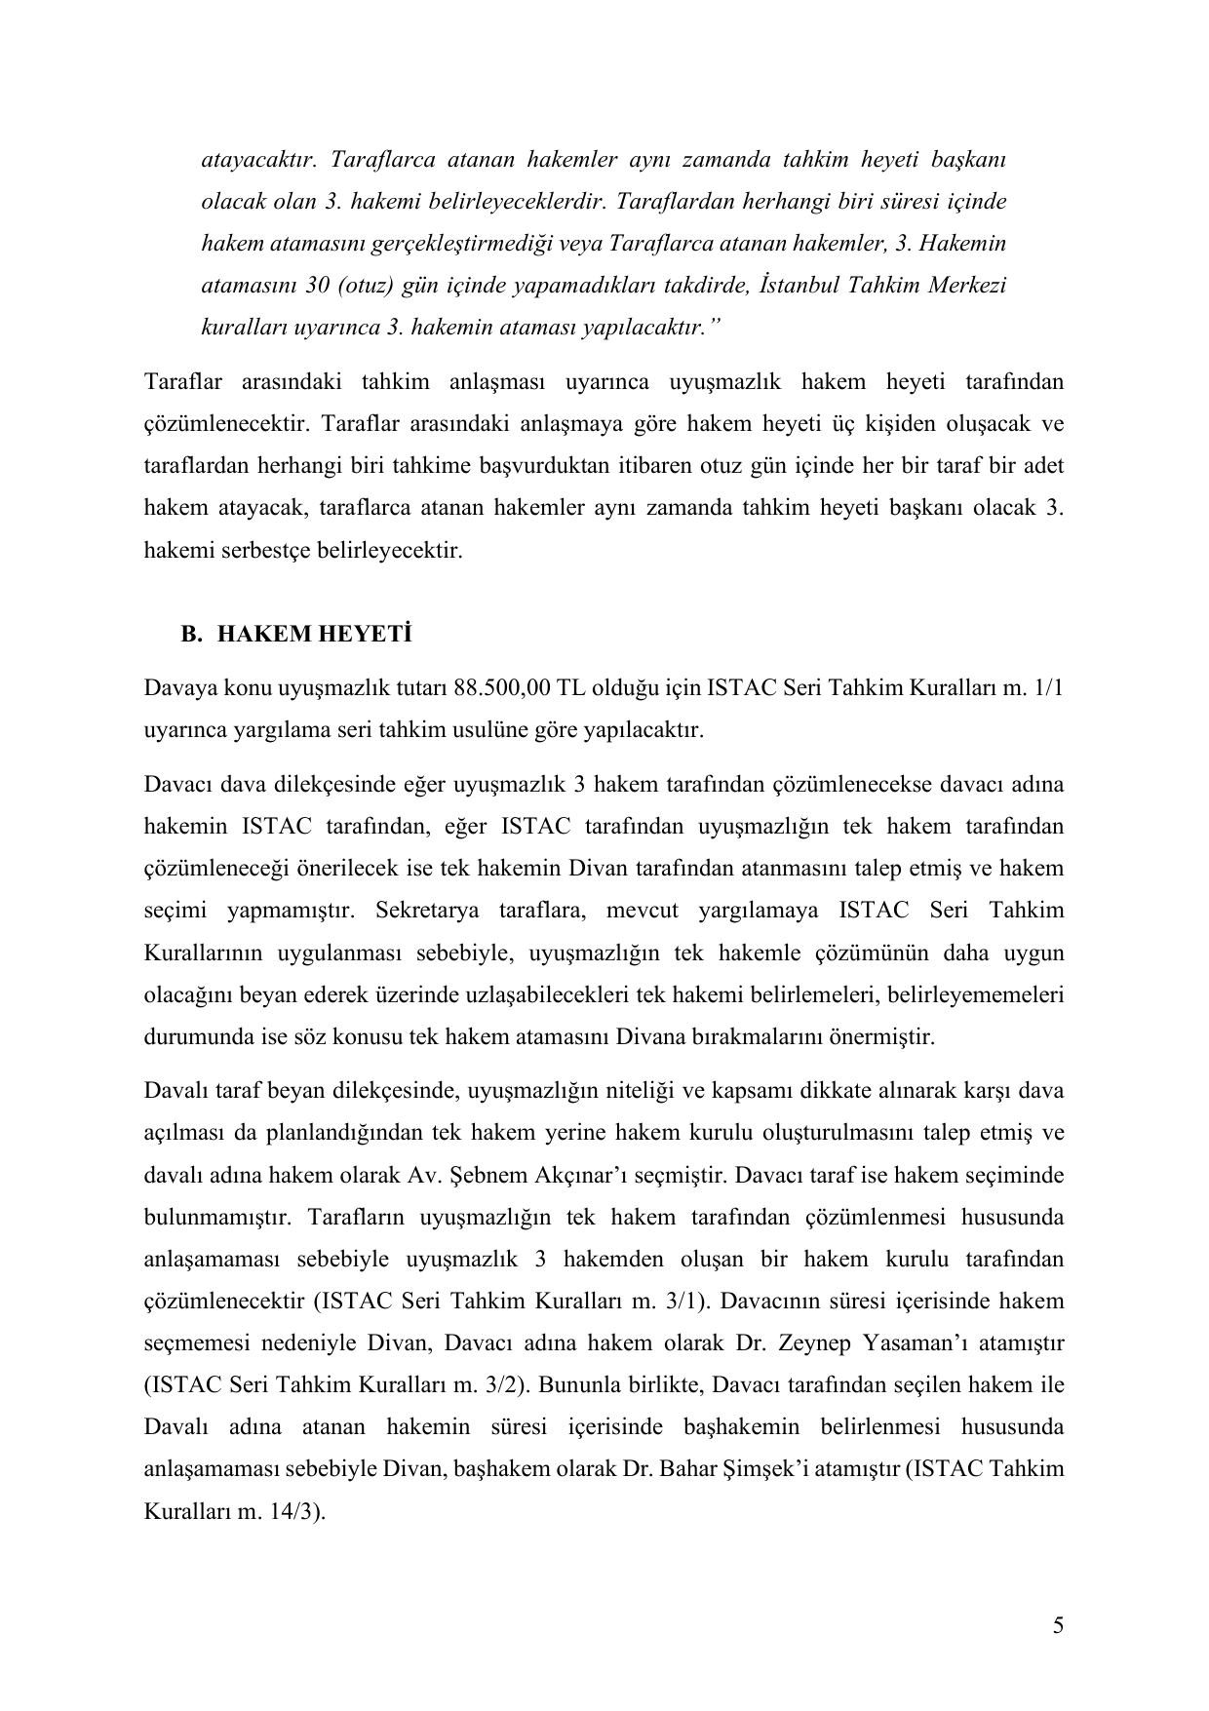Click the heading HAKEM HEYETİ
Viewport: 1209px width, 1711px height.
314,635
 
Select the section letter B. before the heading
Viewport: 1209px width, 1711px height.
190,635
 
